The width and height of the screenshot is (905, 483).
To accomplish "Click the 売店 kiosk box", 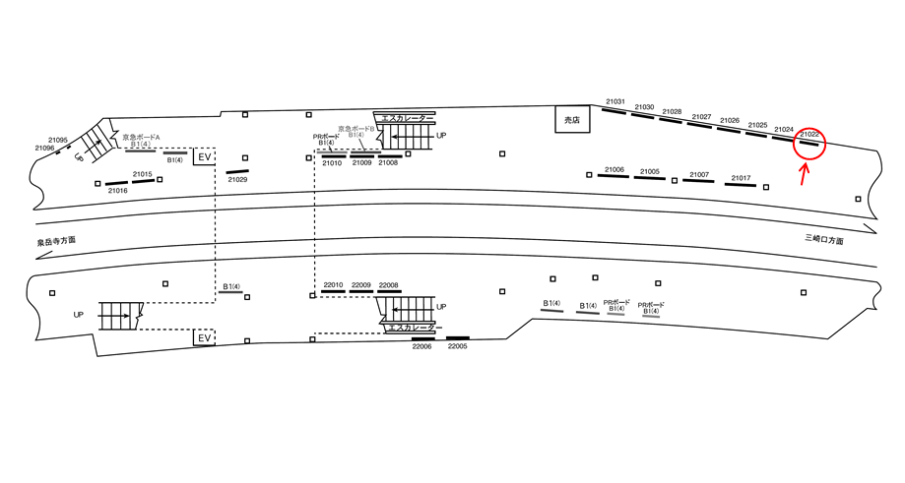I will click(x=570, y=119).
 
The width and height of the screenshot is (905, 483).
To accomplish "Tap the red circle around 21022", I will click(x=810, y=145).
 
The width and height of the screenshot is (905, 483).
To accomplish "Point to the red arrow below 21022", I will click(x=804, y=173).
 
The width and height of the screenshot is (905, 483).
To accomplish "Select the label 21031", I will click(x=615, y=101).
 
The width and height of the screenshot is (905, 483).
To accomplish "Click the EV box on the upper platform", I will click(x=205, y=157).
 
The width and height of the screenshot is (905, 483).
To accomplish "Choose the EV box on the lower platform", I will click(x=205, y=338).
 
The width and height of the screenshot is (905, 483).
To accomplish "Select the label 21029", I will click(x=237, y=180).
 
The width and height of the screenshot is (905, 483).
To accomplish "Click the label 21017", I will click(x=741, y=178).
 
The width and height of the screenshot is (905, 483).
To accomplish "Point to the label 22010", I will click(x=333, y=285).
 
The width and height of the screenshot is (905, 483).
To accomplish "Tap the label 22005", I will click(x=457, y=346).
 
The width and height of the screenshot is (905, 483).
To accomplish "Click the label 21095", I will click(x=58, y=140).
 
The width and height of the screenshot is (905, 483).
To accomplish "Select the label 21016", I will click(x=118, y=191).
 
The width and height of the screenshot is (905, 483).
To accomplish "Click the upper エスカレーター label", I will click(x=405, y=118).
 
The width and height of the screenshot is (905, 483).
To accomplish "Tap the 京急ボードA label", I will click(x=141, y=137).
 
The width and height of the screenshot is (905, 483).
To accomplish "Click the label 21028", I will click(x=672, y=112).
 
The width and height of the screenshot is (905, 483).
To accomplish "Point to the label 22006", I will click(x=422, y=346).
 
